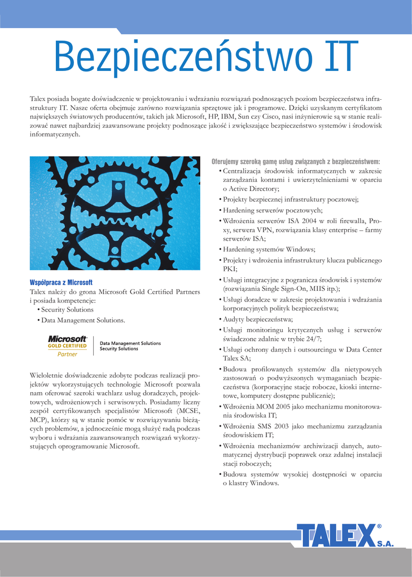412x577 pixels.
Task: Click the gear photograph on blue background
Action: (115, 213)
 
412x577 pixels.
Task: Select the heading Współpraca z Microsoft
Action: (60, 282)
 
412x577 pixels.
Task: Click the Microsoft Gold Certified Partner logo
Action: (68, 346)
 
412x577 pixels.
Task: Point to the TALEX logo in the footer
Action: (336, 535)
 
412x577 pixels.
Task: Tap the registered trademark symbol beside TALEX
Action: (379, 527)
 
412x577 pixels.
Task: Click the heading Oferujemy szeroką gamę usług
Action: (295, 161)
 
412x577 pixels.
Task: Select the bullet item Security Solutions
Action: (67, 310)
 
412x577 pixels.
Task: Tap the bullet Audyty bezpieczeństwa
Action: (254, 319)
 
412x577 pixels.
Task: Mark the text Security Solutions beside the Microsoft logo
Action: (119, 349)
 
